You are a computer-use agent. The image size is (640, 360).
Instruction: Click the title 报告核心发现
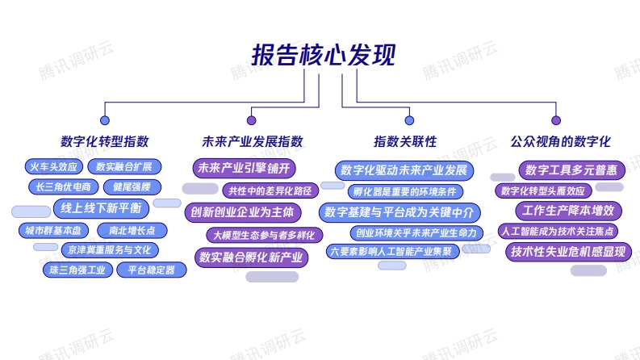tap(324, 55)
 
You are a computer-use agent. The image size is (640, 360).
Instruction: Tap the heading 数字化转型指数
tap(104, 141)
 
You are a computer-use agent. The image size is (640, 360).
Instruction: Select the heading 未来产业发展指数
tap(253, 141)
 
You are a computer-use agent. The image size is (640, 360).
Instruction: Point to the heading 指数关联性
tap(405, 141)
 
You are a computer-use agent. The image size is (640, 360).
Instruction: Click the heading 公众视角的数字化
tap(560, 141)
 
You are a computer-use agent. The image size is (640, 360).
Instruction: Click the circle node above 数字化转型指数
tap(105, 120)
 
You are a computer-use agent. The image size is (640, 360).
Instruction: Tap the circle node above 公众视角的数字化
tap(556, 120)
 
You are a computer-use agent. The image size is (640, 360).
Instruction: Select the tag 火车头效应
tap(54, 166)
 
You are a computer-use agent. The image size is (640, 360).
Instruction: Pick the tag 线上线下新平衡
tap(101, 208)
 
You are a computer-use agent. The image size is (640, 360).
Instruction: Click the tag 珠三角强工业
tap(77, 270)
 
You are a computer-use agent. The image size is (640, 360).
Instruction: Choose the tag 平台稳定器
tap(152, 270)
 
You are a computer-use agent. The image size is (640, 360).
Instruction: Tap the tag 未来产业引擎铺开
tap(244, 168)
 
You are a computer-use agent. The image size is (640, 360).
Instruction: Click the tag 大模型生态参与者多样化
tap(265, 235)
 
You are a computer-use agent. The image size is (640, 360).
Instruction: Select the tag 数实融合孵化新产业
tap(252, 257)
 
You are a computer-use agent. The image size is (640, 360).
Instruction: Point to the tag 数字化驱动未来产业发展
tap(404, 170)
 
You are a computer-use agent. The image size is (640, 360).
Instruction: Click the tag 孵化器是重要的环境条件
tap(405, 191)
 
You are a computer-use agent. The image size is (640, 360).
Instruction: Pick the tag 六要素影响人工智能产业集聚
tap(393, 251)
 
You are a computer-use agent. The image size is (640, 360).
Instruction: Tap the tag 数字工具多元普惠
tap(572, 170)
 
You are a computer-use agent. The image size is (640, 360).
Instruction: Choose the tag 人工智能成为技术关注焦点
tap(558, 232)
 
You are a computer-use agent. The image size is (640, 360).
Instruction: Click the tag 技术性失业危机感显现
tap(568, 252)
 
